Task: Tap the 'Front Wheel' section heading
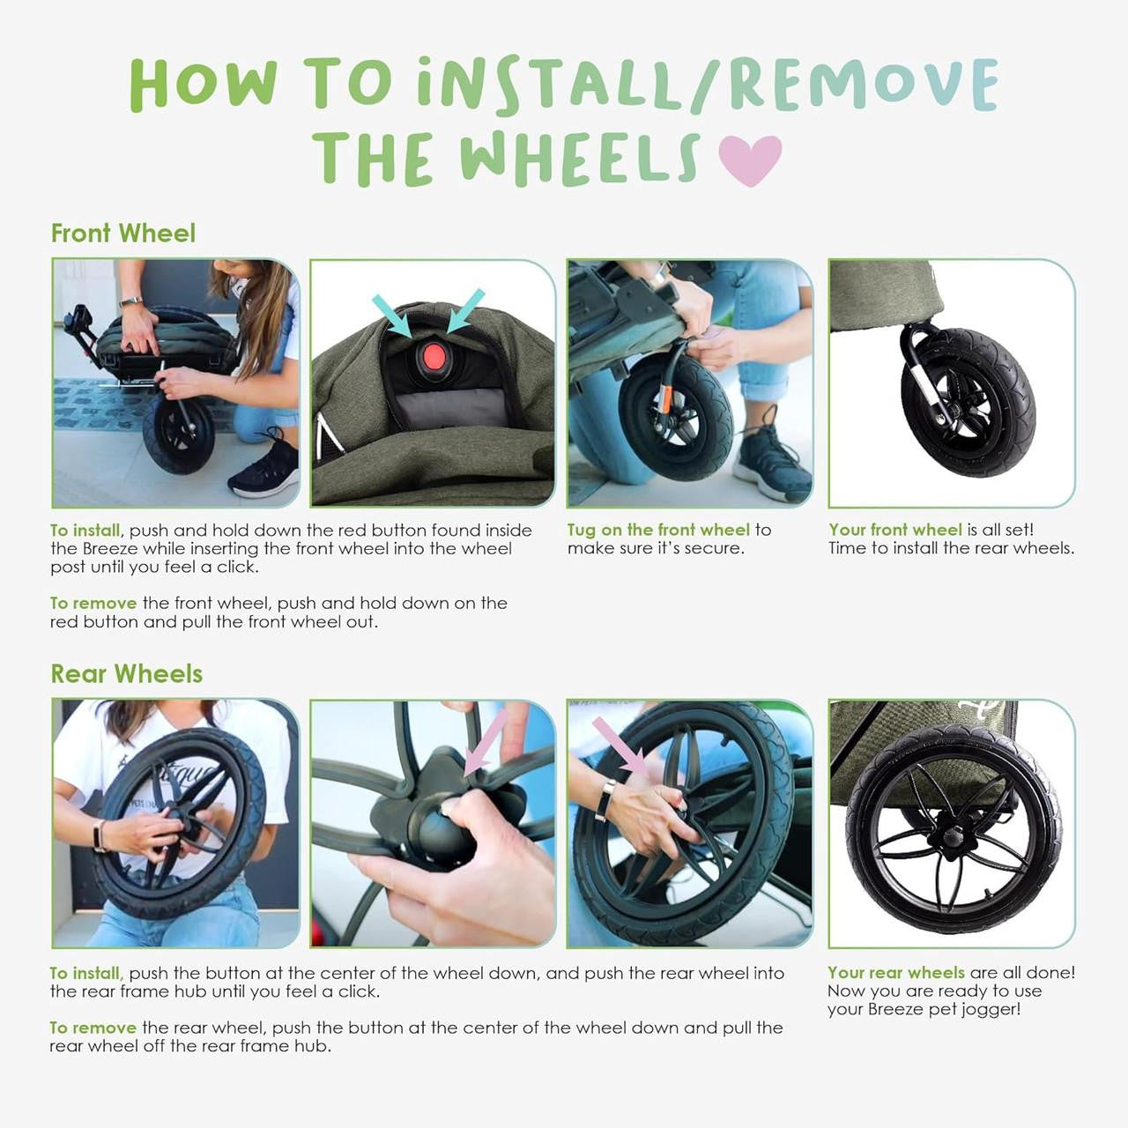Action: tap(123, 234)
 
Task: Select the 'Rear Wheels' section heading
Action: tap(127, 674)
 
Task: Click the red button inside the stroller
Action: tap(433, 357)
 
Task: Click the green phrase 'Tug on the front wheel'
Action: tap(658, 530)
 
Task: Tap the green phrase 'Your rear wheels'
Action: tap(895, 973)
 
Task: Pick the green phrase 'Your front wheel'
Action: tap(894, 530)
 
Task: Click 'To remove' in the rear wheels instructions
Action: tap(93, 1028)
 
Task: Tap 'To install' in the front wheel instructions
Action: tap(85, 531)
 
